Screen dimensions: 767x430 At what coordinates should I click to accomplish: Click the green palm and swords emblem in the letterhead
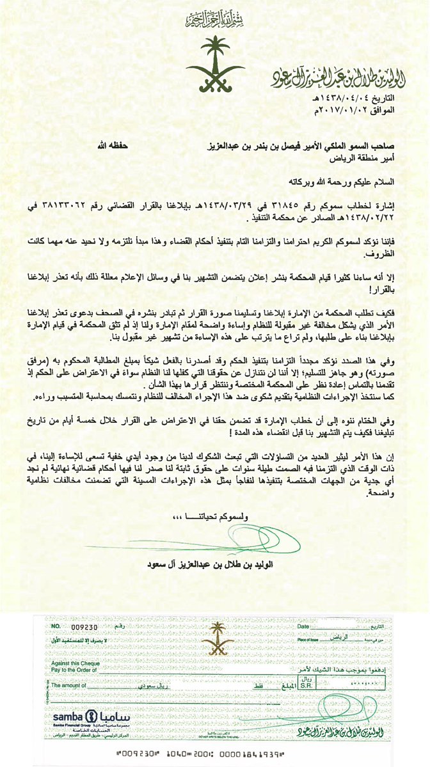214,65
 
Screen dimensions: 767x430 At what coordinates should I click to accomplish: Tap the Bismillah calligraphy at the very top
214,19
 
